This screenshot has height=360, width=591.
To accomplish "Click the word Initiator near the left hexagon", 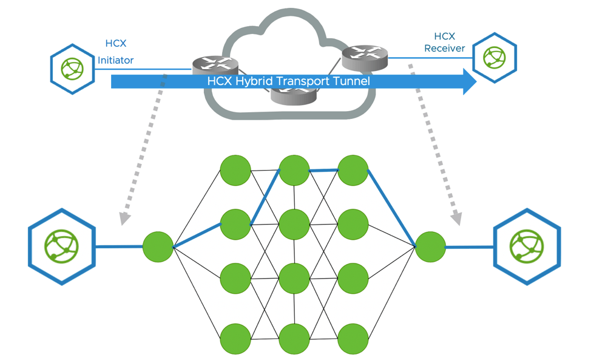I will (116, 60).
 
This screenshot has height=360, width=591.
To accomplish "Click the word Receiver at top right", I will (444, 49).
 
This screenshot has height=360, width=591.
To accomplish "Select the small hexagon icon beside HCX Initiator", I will (72, 69).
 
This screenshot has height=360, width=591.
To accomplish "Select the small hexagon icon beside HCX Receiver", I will (495, 58).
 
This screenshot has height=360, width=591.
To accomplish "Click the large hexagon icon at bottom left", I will (62, 246).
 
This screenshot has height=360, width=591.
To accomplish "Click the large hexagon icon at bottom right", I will (527, 246).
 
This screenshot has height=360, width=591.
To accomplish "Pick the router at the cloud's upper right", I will (365, 56).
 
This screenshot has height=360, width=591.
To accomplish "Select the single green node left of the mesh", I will (158, 247).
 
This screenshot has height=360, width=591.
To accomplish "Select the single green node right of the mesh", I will (431, 247).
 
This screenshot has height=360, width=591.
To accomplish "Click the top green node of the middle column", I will (294, 171).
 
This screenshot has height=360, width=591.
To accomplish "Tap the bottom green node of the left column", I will (235, 339).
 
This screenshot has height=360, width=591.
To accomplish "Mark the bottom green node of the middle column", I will (294, 339).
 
